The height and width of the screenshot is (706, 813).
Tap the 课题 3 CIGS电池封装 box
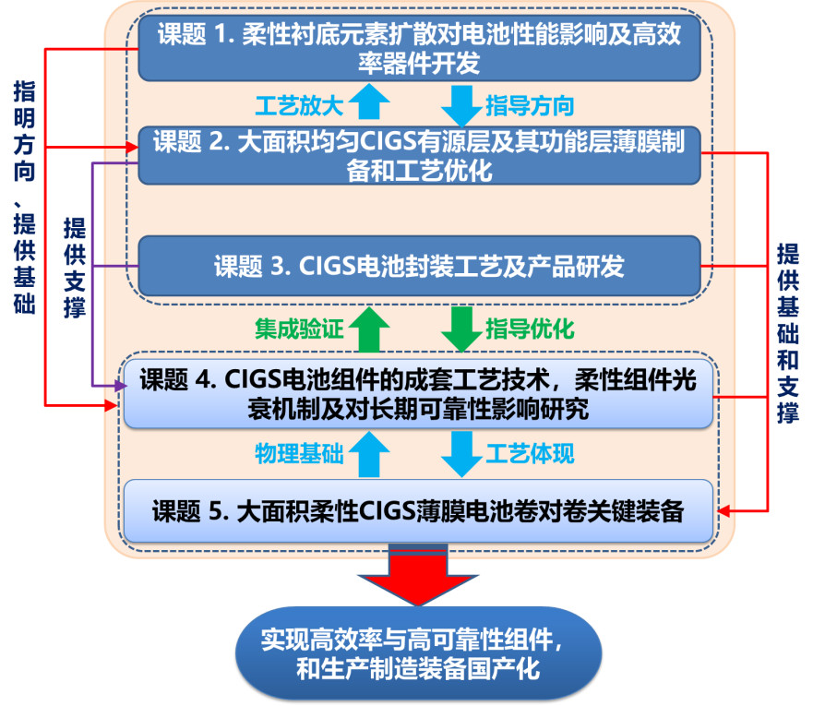(x=420, y=267)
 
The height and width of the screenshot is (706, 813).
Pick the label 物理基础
(x=299, y=453)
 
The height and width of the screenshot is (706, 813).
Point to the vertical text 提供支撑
(x=75, y=268)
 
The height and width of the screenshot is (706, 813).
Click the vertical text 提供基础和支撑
(x=787, y=333)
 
